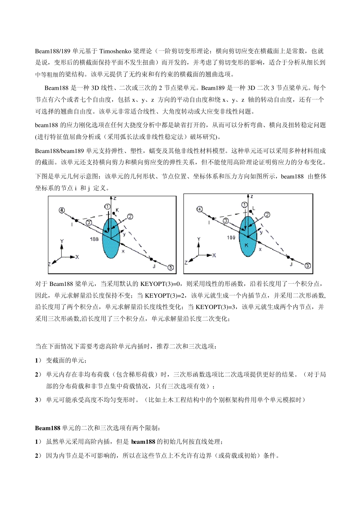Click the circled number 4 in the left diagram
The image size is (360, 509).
(x=62, y=211)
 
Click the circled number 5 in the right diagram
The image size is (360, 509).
(x=308, y=265)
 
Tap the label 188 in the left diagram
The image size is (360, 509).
(x=94, y=239)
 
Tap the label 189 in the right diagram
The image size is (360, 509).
(x=231, y=237)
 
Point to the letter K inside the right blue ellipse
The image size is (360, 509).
(x=246, y=245)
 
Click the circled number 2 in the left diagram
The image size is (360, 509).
(x=130, y=217)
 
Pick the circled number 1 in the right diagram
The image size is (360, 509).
(x=245, y=205)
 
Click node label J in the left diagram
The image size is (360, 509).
(x=154, y=266)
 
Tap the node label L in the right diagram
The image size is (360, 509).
(x=254, y=208)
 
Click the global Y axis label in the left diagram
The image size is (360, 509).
(x=62, y=241)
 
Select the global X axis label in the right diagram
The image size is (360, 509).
(x=214, y=255)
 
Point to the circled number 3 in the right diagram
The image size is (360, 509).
(x=226, y=220)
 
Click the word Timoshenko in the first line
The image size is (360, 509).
(x=115, y=51)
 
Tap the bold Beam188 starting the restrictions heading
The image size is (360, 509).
(x=48, y=428)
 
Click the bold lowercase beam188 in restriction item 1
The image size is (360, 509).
(x=143, y=442)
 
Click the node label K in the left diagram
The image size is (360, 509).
(x=117, y=210)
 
